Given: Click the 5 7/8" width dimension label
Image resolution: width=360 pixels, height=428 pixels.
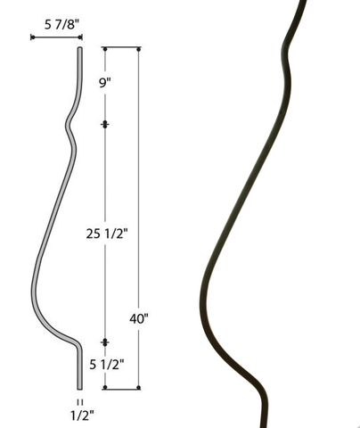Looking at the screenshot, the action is [62, 24].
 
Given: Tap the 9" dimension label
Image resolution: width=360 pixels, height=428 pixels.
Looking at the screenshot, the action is [105, 82].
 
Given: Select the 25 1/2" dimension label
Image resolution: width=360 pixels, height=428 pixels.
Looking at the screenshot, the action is [107, 234].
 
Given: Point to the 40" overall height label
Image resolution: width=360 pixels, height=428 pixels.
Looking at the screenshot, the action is [138, 319].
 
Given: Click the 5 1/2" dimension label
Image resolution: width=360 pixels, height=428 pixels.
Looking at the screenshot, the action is [107, 364].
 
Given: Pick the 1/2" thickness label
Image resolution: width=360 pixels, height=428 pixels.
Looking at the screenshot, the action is [82, 416].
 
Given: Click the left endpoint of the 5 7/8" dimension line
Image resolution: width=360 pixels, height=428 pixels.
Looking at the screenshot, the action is [32, 37].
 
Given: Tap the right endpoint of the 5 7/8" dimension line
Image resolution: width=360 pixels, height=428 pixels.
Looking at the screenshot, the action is [80, 37].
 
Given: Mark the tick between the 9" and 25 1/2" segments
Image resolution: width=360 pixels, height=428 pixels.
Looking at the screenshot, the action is [105, 124].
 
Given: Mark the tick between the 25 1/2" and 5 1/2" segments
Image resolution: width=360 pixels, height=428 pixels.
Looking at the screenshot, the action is [105, 342].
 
